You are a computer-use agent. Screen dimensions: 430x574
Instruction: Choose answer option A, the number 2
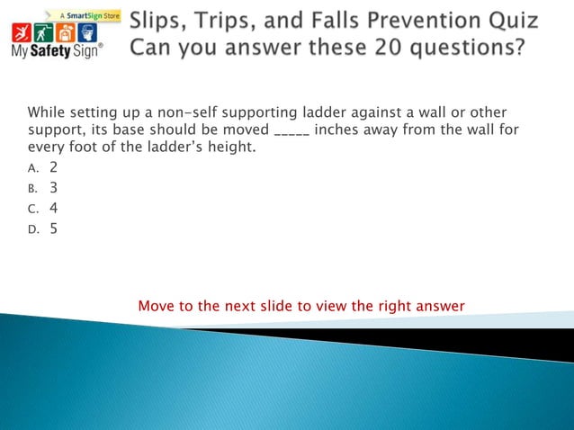coord(54,167)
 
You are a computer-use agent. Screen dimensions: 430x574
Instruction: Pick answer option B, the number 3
coord(54,188)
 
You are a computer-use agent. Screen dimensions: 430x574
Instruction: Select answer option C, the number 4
coord(54,208)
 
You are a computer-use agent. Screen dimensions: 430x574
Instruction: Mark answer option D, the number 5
coord(54,228)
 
